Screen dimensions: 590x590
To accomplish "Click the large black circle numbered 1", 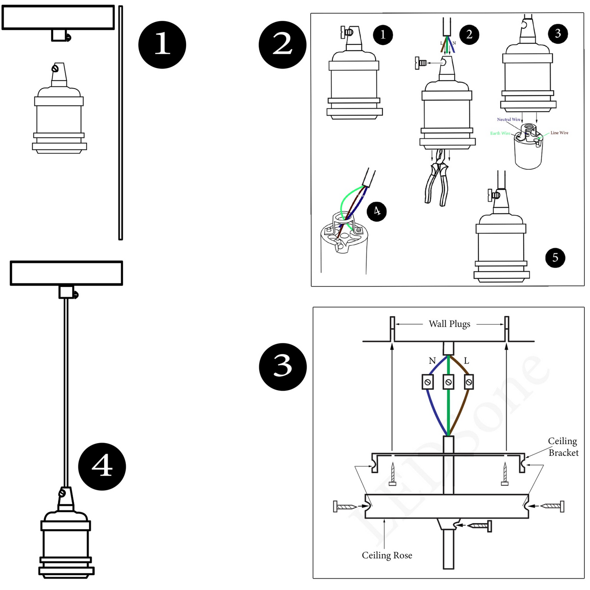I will (162, 45).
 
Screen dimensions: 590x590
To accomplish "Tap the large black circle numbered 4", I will (102, 466).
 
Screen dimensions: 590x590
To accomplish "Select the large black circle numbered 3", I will (283, 366).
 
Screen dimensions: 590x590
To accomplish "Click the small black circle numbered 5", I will (555, 257).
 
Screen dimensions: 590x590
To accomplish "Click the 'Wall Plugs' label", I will (449, 324).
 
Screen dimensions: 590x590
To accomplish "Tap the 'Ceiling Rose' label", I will (387, 555).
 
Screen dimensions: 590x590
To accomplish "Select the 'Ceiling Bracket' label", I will (563, 447).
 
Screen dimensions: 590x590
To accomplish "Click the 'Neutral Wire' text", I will (508, 120).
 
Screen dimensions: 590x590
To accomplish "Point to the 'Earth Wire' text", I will (500, 134).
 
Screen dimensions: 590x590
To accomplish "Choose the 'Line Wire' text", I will (559, 133).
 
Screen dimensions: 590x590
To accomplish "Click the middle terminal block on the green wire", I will (448, 382).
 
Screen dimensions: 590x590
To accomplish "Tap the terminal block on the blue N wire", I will (427, 382).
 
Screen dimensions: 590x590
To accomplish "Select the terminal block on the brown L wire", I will (469, 382).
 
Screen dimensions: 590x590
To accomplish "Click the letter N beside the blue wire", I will (432, 361).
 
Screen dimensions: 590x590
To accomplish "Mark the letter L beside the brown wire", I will (466, 361).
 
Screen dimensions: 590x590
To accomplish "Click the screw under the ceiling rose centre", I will (479, 526).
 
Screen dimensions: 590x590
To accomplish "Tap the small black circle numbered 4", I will (376, 211).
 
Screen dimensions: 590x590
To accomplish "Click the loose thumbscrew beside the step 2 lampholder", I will (421, 63).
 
